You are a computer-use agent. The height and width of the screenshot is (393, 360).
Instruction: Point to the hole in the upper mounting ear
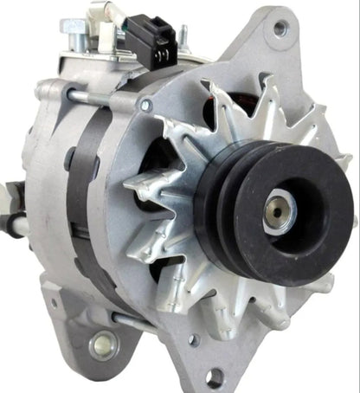point(279,28)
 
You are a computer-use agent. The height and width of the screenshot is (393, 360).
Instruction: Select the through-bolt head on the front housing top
point(146,106)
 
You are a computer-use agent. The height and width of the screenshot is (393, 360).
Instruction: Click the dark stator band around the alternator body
point(87,190)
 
